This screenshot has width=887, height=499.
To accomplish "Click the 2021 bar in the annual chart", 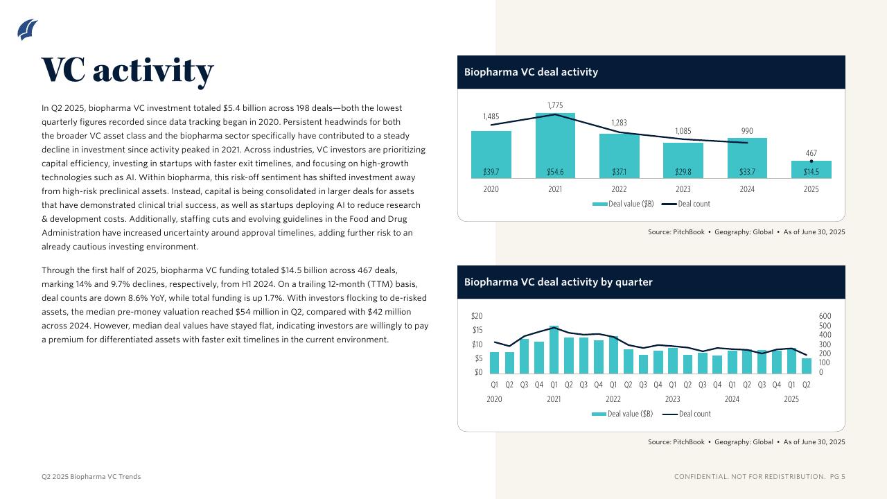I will click(555, 146).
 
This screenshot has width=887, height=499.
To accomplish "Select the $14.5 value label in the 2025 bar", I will click(811, 172).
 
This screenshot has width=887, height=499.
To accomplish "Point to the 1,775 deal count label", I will click(555, 105).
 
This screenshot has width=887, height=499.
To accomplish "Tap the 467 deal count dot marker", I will click(811, 161).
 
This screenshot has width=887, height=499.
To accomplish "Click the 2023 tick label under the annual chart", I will click(683, 189).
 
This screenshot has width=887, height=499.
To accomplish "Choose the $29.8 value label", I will click(683, 172).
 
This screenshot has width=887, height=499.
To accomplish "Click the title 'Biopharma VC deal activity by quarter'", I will click(559, 282).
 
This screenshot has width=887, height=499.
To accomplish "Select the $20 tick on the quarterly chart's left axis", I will click(477, 316).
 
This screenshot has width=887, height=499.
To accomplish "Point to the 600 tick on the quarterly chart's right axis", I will click(825, 316).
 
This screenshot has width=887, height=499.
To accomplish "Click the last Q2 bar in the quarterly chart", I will click(806, 366).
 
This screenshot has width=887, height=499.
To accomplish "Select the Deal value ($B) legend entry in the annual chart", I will click(624, 204).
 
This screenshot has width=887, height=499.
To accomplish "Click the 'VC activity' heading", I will click(128, 70).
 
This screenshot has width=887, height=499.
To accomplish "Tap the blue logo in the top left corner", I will click(28, 30).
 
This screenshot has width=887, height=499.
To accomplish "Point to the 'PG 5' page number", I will click(838, 477).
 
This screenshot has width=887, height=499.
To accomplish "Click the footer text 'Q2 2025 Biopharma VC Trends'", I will click(91, 477).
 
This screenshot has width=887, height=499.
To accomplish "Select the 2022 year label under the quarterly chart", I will click(613, 399).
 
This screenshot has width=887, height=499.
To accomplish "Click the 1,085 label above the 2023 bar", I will click(683, 131).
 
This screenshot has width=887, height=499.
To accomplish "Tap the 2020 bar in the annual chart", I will click(491, 154).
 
